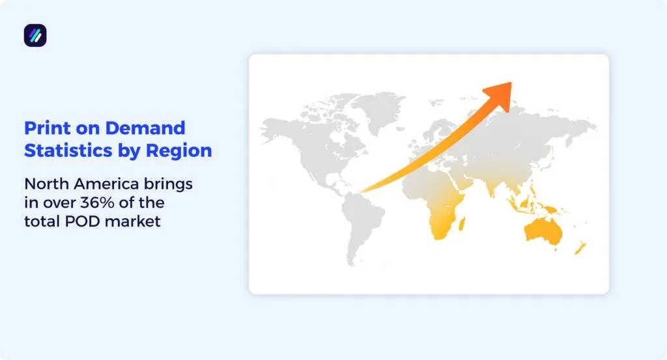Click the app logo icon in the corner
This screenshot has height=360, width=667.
click(x=35, y=35)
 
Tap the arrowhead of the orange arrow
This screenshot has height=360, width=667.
click(x=502, y=90)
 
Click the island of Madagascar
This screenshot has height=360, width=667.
click(x=462, y=225)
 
